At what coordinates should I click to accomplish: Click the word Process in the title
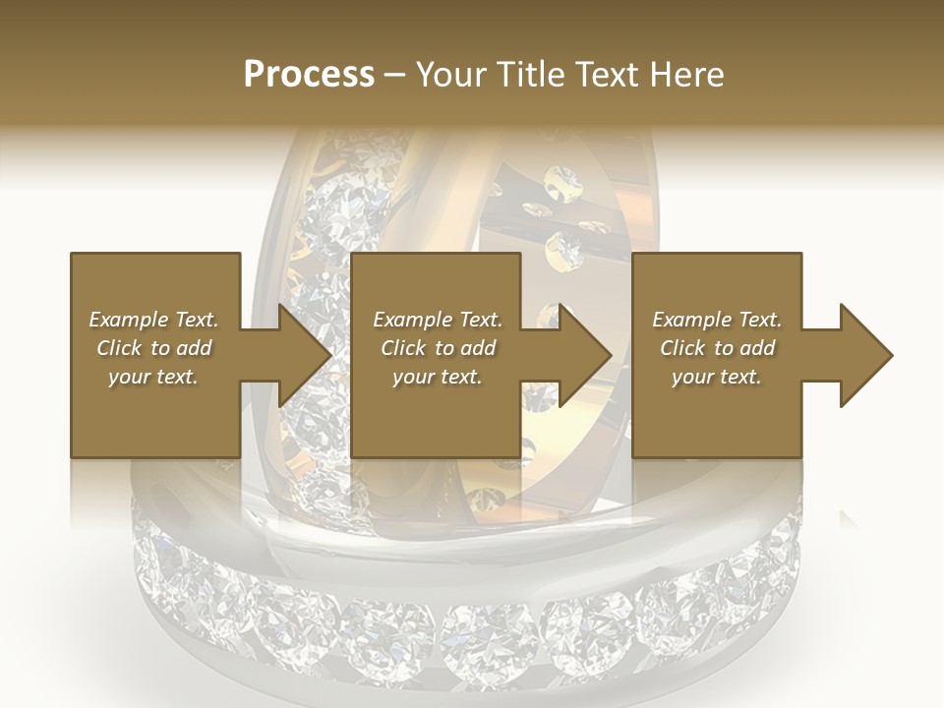click(309, 75)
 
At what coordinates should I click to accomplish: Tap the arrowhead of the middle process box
click(583, 355)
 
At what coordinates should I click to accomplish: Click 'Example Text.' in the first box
click(153, 320)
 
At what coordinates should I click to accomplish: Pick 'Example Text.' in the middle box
click(438, 320)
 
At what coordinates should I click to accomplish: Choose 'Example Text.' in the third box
click(717, 320)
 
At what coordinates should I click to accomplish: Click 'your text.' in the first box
click(153, 377)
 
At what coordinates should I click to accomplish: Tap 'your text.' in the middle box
click(438, 377)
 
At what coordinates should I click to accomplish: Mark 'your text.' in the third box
click(717, 377)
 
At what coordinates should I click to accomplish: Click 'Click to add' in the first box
click(153, 348)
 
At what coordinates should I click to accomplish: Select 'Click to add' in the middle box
click(438, 348)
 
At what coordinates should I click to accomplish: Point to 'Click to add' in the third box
click(717, 348)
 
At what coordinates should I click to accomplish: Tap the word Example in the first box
click(129, 320)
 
